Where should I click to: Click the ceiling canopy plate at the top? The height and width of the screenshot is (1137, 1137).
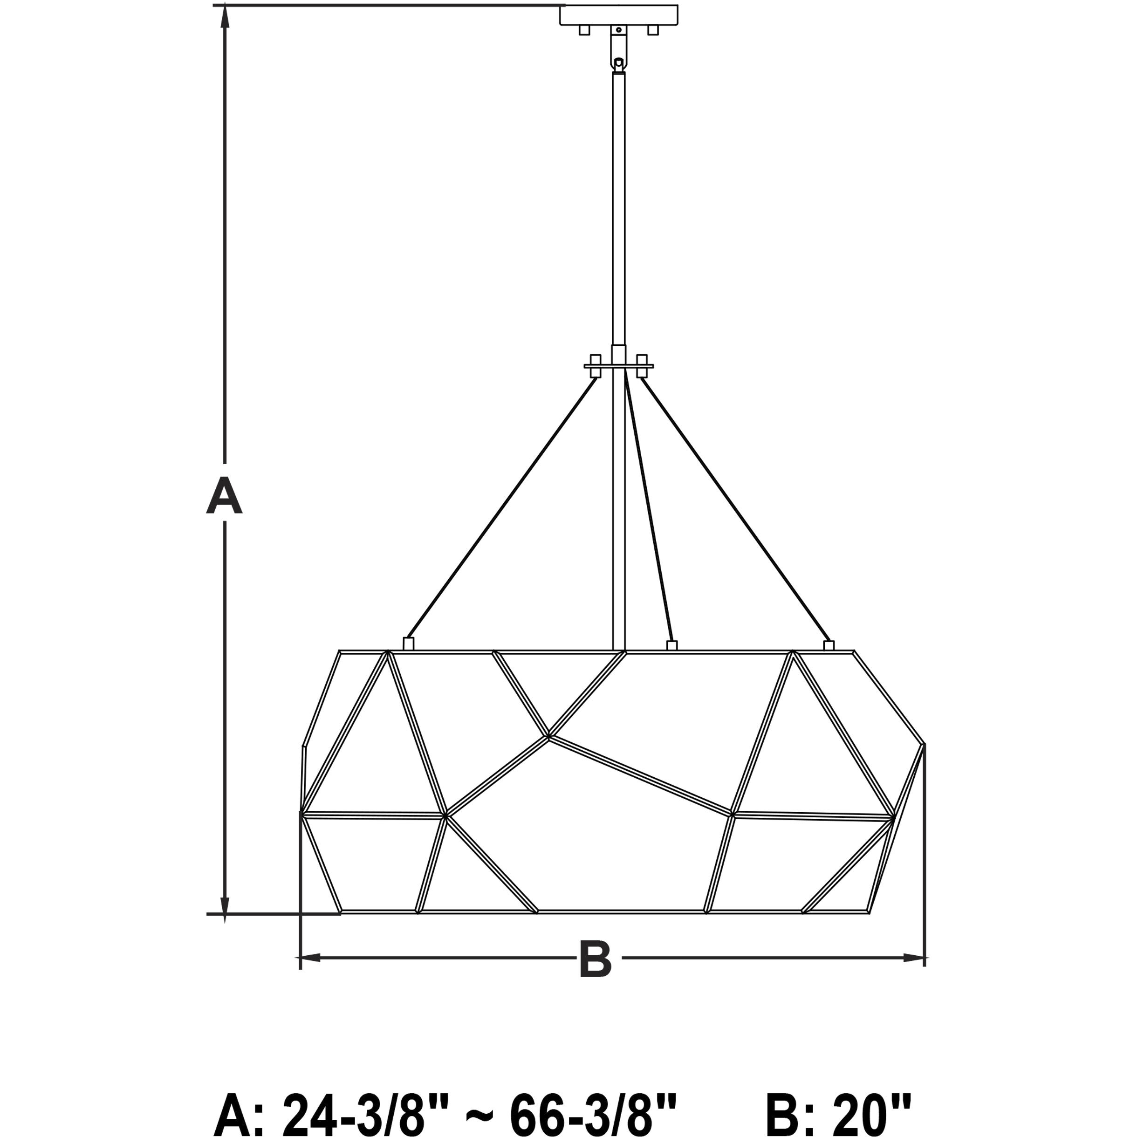pyautogui.click(x=618, y=15)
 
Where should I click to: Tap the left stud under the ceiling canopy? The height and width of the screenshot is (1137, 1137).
pyautogui.click(x=584, y=30)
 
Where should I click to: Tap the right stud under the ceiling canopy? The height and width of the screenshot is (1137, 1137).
pyautogui.click(x=653, y=30)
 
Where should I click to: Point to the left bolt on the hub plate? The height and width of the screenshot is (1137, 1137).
pyautogui.click(x=596, y=366)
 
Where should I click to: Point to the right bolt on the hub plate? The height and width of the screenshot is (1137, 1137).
pyautogui.click(x=642, y=366)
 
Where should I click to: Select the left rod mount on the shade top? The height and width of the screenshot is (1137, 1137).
pyautogui.click(x=408, y=644)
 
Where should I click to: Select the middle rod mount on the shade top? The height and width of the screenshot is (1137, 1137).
pyautogui.click(x=672, y=645)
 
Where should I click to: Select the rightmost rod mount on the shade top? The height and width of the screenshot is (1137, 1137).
pyautogui.click(x=829, y=645)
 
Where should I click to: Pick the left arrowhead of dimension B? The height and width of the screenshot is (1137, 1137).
pyautogui.click(x=311, y=958)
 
